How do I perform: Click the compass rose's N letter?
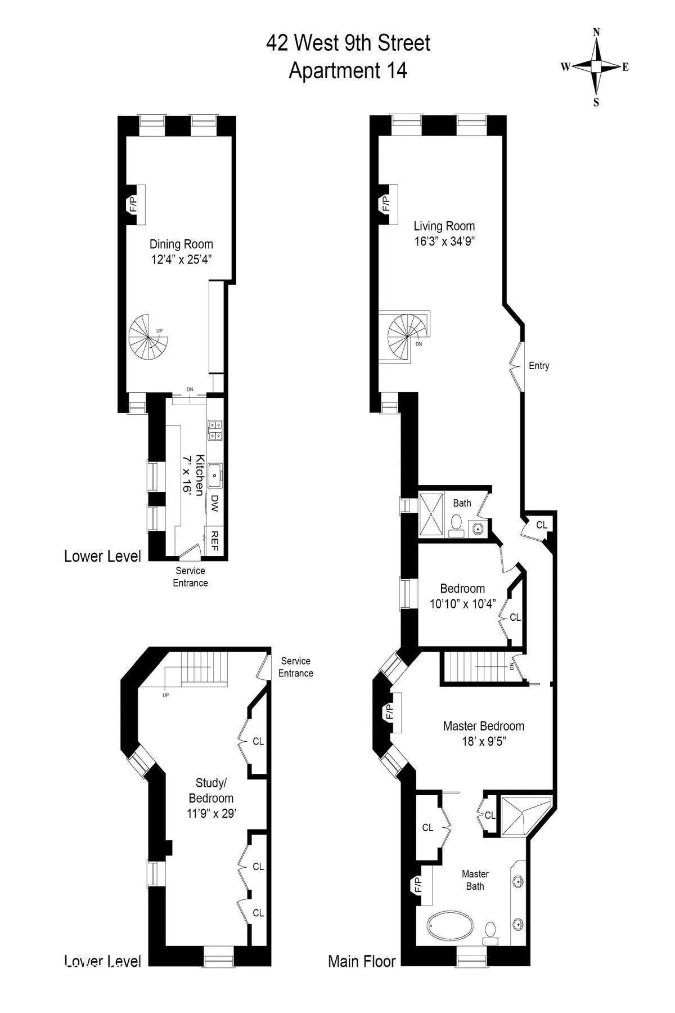(596, 33)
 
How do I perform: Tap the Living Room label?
(444, 226)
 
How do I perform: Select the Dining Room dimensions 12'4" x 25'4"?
(181, 259)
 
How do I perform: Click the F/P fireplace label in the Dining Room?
(133, 204)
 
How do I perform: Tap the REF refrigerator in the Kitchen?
(214, 540)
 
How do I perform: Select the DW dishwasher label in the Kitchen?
(214, 503)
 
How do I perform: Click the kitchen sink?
(214, 476)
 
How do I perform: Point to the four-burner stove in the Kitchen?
(214, 430)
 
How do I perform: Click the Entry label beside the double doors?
(539, 366)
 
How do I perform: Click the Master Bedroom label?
(483, 726)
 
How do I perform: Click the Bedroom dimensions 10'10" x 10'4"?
(462, 604)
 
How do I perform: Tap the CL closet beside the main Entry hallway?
(541, 525)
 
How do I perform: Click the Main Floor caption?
(362, 961)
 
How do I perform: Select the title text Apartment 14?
(348, 71)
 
